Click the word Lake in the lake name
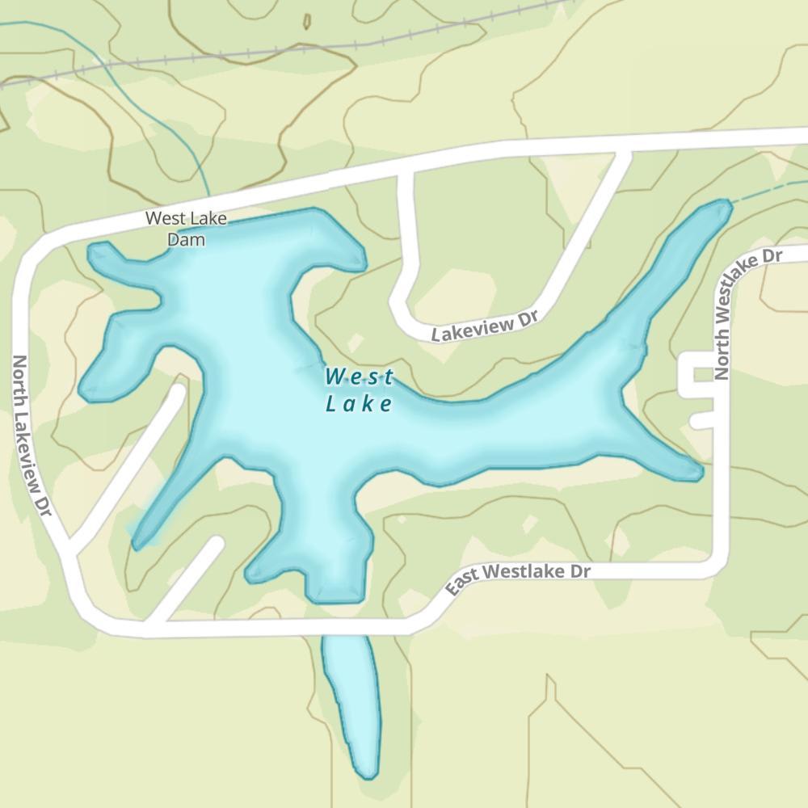[x=360, y=404]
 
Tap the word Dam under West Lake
[x=186, y=239]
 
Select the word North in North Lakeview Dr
[x=22, y=383]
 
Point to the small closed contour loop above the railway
[x=306, y=21]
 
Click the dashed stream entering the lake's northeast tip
[x=764, y=192]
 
